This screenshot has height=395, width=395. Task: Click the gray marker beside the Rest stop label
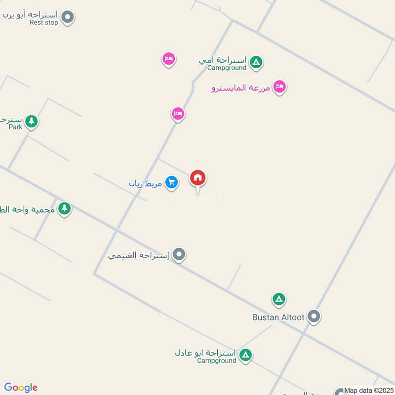(69, 18)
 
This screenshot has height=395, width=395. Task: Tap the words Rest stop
(44, 23)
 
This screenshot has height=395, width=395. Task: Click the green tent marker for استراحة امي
(256, 62)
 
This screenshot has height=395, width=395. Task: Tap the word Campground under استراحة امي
(227, 68)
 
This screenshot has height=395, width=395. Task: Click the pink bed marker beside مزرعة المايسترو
(280, 87)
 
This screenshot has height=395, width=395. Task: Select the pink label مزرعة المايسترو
(240, 88)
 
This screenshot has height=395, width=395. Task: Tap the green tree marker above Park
(32, 120)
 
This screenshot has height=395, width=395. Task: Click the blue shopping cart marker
(171, 183)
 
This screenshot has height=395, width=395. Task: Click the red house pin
(198, 178)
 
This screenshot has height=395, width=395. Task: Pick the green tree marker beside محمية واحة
(64, 208)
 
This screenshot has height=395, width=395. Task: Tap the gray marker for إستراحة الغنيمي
(179, 255)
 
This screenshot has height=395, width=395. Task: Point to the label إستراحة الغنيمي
(139, 255)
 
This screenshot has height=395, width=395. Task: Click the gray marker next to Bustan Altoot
(314, 316)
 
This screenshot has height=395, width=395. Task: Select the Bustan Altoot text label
(278, 317)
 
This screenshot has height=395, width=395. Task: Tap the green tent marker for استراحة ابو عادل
(245, 355)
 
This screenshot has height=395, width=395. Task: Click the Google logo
(21, 387)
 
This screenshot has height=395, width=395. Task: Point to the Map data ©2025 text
(368, 391)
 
